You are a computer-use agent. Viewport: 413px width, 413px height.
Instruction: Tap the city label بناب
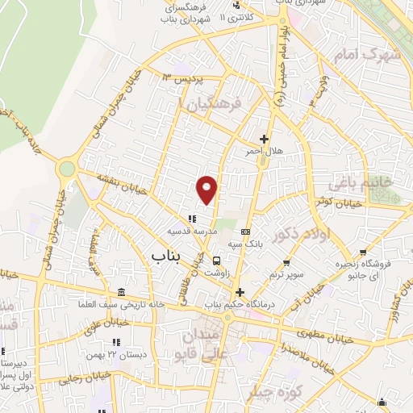[167, 256]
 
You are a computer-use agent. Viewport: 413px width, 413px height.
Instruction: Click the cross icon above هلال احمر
[264, 139]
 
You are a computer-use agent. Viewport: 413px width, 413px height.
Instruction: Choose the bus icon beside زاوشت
[217, 261]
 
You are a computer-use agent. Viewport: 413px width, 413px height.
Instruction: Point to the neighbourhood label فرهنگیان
[213, 106]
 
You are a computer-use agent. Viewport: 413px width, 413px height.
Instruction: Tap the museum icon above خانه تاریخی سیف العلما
[121, 292]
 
